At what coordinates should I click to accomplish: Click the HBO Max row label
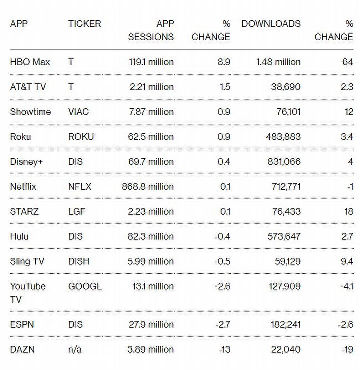point(30,62)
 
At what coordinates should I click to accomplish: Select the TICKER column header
point(84,24)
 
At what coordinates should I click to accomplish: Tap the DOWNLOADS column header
point(271,24)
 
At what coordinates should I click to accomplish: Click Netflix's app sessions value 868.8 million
point(148,187)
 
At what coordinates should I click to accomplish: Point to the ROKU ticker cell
point(81,137)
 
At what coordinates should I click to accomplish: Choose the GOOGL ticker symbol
point(85,286)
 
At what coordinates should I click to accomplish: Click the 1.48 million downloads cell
point(278,62)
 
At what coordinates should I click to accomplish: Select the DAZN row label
point(22,349)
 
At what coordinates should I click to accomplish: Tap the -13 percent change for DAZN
point(224,349)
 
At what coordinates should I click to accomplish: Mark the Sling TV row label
point(27,261)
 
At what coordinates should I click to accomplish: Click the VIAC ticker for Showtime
point(78,112)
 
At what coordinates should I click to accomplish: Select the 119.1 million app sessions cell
point(150,62)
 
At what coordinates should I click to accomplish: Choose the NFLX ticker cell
point(80,187)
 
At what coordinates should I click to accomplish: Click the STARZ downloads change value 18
point(348,212)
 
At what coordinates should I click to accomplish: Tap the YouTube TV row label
point(28,293)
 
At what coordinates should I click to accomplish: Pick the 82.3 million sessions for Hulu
point(150,236)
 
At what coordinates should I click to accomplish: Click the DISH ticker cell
point(79,261)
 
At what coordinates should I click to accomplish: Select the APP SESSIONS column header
point(151,30)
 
